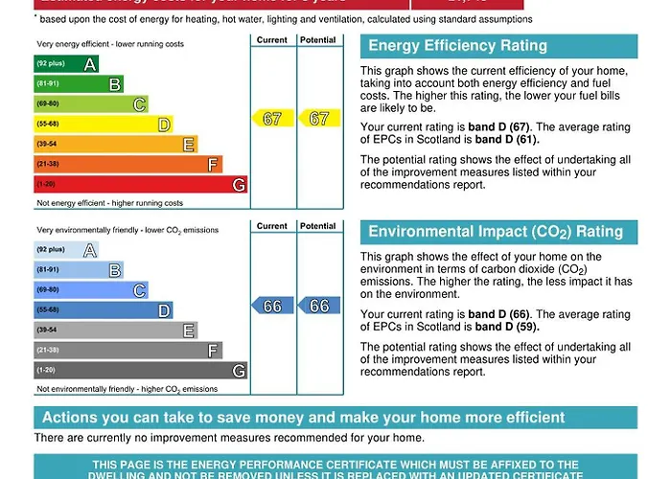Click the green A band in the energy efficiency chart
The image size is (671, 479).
pyautogui.click(x=65, y=63)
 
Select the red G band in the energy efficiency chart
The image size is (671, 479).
pyautogui.click(x=140, y=184)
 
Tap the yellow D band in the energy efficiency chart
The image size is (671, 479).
pyautogui.click(x=103, y=124)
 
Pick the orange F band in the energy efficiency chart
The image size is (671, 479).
pyautogui.click(x=127, y=164)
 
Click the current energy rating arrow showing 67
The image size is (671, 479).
pyautogui.click(x=272, y=119)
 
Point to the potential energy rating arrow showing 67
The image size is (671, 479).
pyautogui.click(x=318, y=119)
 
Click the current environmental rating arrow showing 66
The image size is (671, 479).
pyautogui.click(x=272, y=306)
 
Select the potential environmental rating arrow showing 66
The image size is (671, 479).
pyautogui.click(x=318, y=306)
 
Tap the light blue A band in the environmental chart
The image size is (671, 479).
pyautogui.click(x=65, y=250)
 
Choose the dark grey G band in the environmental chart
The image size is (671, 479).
pyautogui.click(x=140, y=370)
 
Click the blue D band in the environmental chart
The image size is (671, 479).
pyautogui.click(x=103, y=310)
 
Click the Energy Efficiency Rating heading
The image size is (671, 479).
pyautogui.click(x=457, y=46)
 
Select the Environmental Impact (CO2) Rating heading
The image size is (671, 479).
pyautogui.click(x=496, y=232)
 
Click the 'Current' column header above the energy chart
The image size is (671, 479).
pyautogui.click(x=272, y=40)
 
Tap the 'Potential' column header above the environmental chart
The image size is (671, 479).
pyautogui.click(x=318, y=226)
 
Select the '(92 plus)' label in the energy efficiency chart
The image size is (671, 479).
pyautogui.click(x=50, y=63)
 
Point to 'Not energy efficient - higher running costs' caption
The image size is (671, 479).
pyautogui.click(x=109, y=203)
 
